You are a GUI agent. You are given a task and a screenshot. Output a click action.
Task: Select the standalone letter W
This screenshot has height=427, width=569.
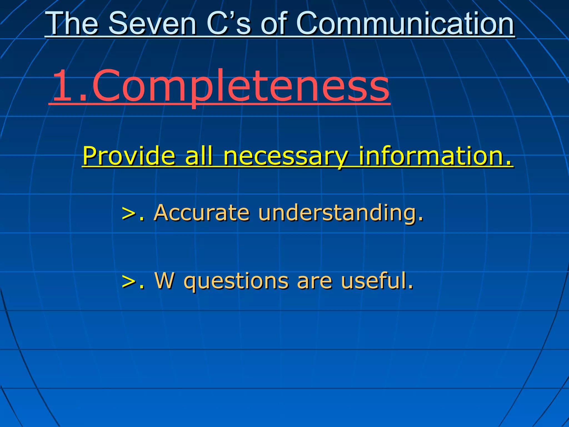tap(165, 281)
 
